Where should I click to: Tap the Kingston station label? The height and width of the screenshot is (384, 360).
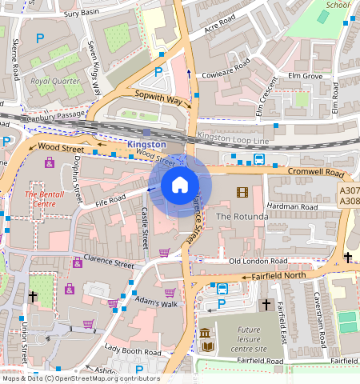tap(146, 144)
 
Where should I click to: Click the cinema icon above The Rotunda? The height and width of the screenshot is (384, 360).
tap(242, 192)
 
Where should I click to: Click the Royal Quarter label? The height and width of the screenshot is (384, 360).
tap(50, 81)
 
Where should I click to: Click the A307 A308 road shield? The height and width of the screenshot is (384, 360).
tap(349, 196)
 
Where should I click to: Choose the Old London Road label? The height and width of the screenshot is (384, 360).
tap(258, 261)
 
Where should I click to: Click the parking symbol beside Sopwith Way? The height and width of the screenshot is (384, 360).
tap(158, 71)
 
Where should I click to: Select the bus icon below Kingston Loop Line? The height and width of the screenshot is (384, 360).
tap(259, 158)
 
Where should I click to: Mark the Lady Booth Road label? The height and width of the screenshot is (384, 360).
tap(134, 350)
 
